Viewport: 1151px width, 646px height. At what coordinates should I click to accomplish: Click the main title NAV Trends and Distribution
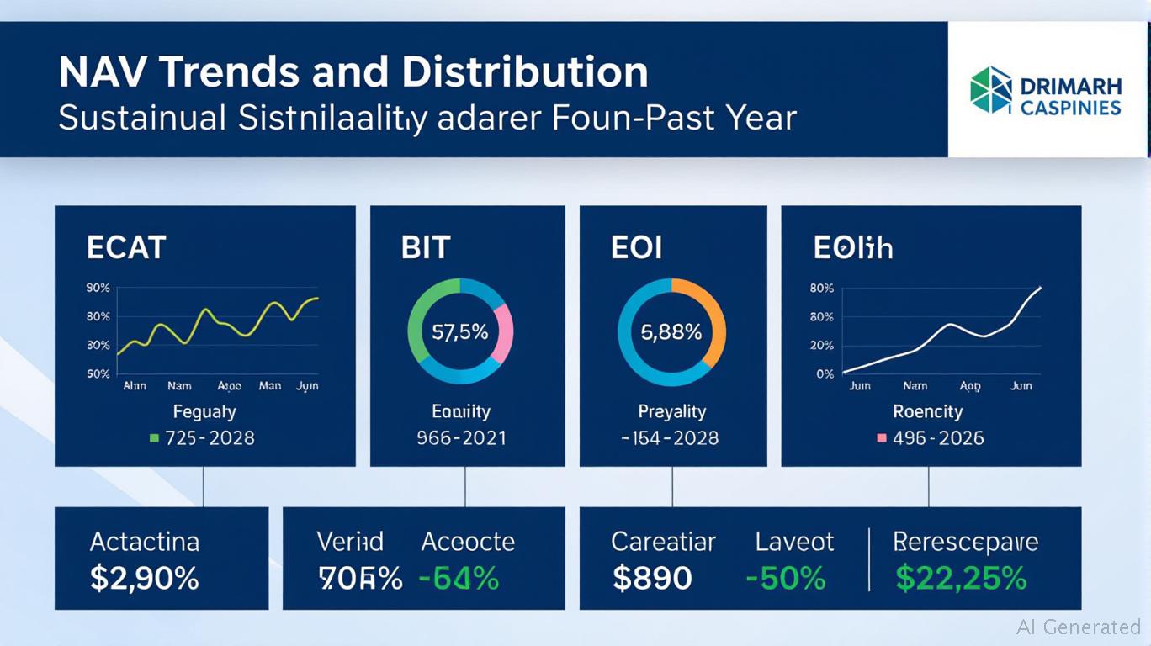[x=353, y=73]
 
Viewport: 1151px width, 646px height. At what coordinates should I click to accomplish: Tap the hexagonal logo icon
[x=991, y=90]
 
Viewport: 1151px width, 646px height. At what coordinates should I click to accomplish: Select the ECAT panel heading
[x=126, y=248]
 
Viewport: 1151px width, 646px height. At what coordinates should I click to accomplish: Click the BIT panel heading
[x=426, y=248]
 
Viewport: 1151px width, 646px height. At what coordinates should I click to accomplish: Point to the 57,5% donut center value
[x=459, y=332]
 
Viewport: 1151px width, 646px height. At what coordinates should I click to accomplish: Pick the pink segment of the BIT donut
[x=504, y=333]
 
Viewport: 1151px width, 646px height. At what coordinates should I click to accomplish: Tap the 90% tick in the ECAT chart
[x=98, y=289]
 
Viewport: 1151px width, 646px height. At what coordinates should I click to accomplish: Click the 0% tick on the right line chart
[x=825, y=374]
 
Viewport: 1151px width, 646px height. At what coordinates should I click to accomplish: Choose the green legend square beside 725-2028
[x=153, y=438]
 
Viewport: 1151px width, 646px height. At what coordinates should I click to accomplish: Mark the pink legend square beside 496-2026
[x=882, y=438]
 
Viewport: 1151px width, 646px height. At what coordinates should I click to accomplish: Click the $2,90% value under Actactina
[x=145, y=578]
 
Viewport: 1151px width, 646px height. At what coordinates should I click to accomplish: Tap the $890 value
[x=652, y=578]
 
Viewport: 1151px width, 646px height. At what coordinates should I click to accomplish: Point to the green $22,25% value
[x=961, y=578]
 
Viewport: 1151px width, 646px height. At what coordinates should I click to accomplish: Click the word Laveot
[x=794, y=542]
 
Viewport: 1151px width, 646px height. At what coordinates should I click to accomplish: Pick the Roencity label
[x=928, y=411]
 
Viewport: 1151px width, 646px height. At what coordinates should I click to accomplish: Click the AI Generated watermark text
[x=1079, y=627]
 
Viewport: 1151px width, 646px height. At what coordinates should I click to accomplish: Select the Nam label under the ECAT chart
[x=179, y=386]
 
